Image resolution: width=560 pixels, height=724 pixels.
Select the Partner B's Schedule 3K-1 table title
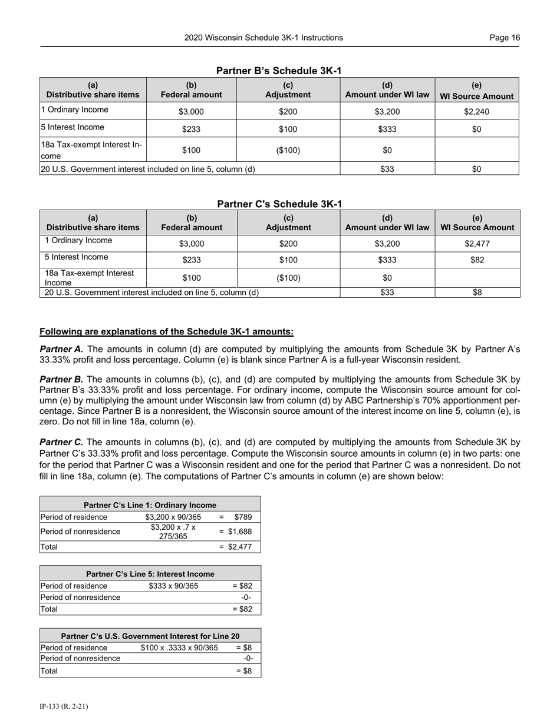[279, 71]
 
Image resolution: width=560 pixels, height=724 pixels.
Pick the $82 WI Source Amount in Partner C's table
[477, 260]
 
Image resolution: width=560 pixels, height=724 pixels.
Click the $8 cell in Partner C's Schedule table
[477, 292]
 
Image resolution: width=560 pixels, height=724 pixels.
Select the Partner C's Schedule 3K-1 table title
[279, 204]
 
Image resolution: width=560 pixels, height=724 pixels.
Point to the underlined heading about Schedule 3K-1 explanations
[166, 331]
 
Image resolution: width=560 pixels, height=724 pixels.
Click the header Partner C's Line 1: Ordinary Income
[150, 505]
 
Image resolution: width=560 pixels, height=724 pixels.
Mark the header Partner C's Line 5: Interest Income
[150, 574]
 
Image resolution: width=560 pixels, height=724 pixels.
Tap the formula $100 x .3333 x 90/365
[179, 647]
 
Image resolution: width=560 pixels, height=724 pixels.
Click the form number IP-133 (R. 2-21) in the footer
[64, 706]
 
